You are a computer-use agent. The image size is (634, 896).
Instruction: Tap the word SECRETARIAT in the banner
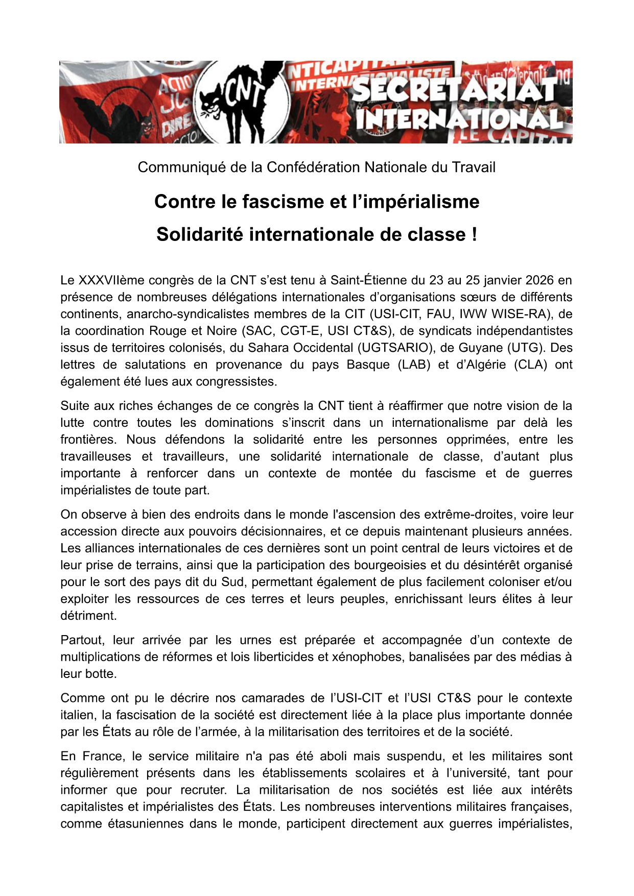tap(454, 90)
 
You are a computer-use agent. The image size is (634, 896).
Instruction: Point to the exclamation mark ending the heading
tap(474, 235)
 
